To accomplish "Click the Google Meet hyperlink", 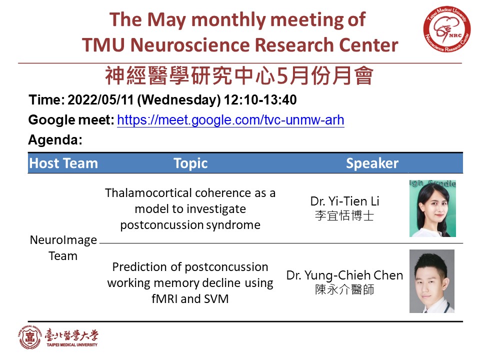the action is click(230, 119).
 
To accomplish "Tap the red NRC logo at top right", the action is click(447, 29).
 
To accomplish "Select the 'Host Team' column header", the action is click(63, 163).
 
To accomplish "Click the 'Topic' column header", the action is click(190, 163).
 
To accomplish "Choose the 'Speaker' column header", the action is click(372, 163).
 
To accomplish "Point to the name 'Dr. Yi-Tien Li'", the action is click(344, 201).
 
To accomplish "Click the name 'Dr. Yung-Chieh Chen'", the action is click(344, 275).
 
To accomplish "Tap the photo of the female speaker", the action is click(432, 208).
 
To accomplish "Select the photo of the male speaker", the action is click(432, 281).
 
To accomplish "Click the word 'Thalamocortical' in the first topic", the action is click(148, 193).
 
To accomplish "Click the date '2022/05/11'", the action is click(100, 100).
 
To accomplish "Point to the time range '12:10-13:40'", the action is click(260, 100).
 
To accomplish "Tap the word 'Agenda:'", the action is click(55, 140).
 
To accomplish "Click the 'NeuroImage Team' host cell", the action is click(63, 247).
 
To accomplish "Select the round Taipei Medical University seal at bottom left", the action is click(29, 337).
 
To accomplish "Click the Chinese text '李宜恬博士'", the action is click(344, 215).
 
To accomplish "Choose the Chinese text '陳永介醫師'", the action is click(344, 289).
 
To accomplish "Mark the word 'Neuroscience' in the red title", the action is click(190, 44).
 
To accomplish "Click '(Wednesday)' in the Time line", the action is click(179, 100).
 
